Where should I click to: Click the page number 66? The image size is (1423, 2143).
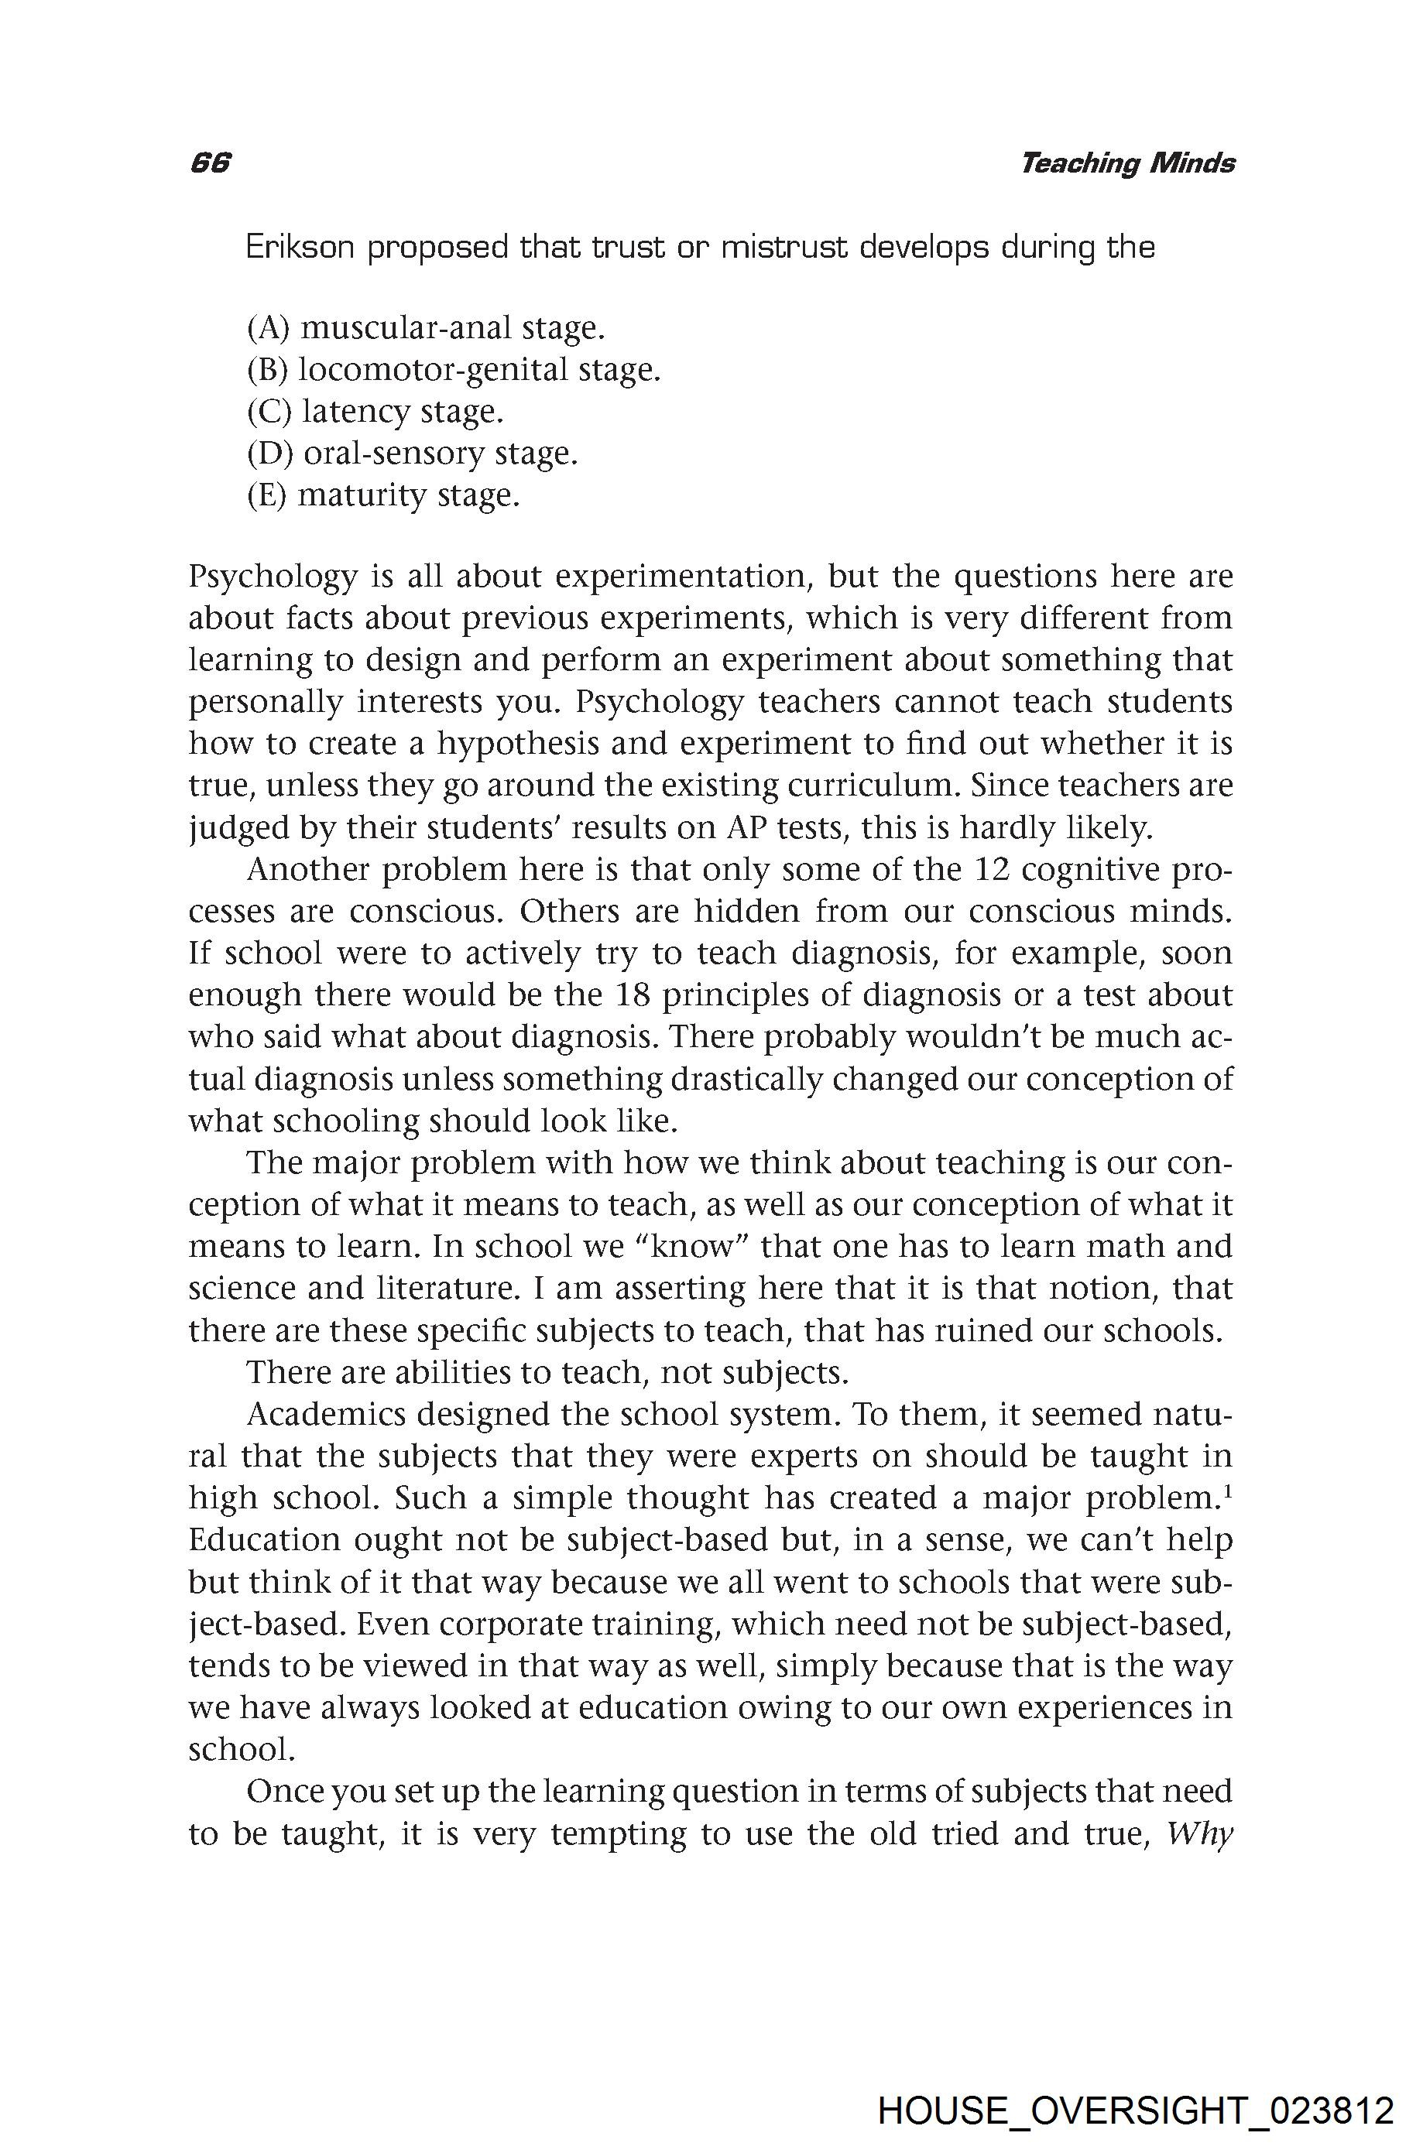pos(211,163)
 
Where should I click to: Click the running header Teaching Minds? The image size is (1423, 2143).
pos(1126,163)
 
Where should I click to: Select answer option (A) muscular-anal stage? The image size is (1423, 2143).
pos(426,327)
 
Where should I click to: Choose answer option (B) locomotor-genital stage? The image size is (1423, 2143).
pos(453,369)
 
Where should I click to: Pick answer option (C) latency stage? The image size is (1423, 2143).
pos(375,411)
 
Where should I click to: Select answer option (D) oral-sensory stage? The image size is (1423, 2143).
pos(412,453)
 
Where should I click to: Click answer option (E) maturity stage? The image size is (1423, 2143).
pos(383,495)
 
